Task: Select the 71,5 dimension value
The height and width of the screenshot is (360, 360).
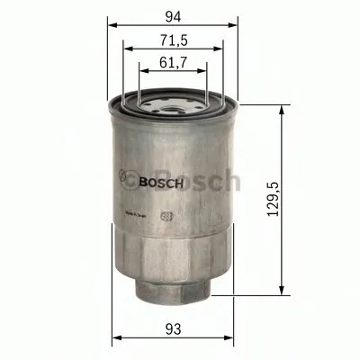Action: coord(172,41)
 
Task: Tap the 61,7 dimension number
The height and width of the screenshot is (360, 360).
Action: coord(172,65)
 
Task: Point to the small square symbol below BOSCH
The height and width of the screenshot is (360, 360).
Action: coord(165,216)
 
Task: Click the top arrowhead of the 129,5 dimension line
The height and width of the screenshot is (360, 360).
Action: coord(287,107)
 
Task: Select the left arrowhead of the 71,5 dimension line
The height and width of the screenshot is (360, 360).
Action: coord(126,51)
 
